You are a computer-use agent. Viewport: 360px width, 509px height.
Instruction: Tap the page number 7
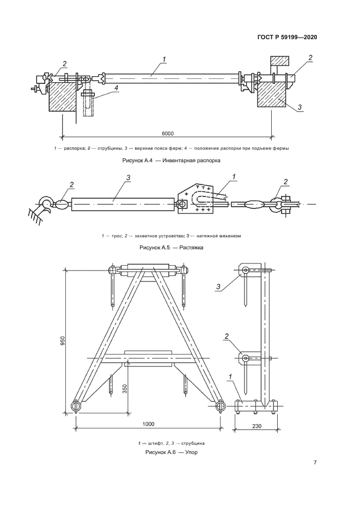315,463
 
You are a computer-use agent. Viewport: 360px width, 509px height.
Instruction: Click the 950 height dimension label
63,341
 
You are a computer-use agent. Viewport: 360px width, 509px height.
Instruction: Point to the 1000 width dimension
149,424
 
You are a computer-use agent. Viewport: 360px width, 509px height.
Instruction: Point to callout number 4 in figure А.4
116,87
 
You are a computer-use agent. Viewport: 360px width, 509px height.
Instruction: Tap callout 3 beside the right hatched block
300,107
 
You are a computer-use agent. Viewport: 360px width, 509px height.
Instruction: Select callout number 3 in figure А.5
127,178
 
